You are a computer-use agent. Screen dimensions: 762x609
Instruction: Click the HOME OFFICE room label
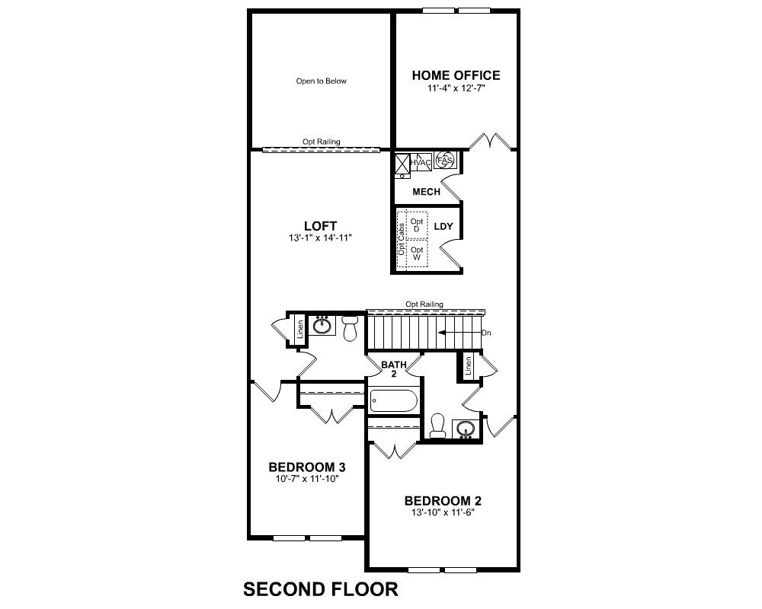pyautogui.click(x=456, y=75)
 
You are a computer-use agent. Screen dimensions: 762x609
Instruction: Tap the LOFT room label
pyautogui.click(x=320, y=226)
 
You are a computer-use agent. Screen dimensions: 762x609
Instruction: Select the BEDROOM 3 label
pyautogui.click(x=307, y=467)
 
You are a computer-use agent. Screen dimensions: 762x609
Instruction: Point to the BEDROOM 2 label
pyautogui.click(x=443, y=501)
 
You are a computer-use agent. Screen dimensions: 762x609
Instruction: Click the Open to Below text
pyautogui.click(x=322, y=81)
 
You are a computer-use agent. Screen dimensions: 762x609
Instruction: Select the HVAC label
pyautogui.click(x=421, y=163)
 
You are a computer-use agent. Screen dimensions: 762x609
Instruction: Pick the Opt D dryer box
pyautogui.click(x=417, y=225)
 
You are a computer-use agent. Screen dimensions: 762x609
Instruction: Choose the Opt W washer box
pyautogui.click(x=417, y=253)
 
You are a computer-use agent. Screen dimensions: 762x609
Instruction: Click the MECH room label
pyautogui.click(x=426, y=192)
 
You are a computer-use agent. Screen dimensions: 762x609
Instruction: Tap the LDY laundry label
pyautogui.click(x=443, y=226)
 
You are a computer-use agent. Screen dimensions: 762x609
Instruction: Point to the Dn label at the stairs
pyautogui.click(x=486, y=333)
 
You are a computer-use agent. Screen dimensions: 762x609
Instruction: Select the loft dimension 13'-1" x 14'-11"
pyautogui.click(x=320, y=238)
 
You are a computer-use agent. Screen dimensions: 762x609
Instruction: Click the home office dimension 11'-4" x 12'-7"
pyautogui.click(x=456, y=88)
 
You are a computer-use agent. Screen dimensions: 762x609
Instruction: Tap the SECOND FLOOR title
pyautogui.click(x=321, y=589)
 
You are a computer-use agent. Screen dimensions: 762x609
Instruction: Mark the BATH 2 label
pyautogui.click(x=394, y=369)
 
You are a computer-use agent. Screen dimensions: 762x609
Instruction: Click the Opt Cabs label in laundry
pyautogui.click(x=402, y=240)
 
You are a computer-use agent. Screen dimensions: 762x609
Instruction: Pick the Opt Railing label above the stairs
pyautogui.click(x=424, y=304)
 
